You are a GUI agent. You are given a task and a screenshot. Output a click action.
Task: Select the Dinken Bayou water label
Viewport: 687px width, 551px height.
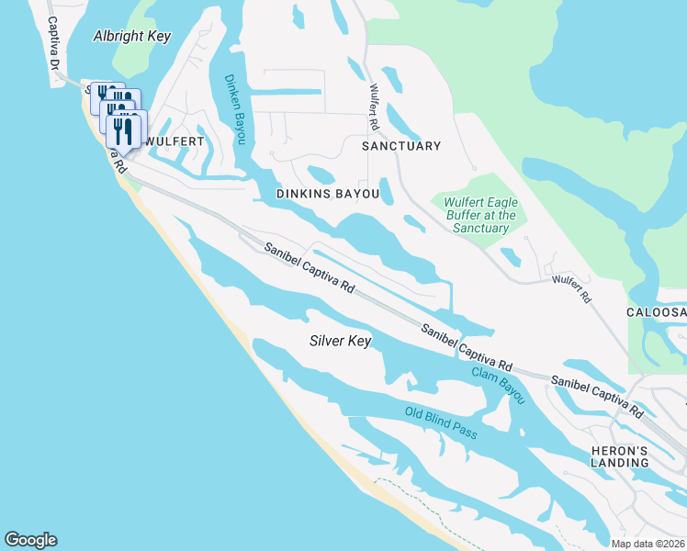[x=235, y=107]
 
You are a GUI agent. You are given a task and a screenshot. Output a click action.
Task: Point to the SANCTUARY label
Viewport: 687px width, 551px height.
[x=401, y=146]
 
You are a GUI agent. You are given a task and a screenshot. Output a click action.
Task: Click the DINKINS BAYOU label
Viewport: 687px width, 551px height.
[x=328, y=194]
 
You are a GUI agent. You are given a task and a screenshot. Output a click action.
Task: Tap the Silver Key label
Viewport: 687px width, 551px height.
[x=339, y=341]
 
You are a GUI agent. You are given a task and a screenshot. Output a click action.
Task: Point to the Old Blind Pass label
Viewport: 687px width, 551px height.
[x=441, y=422]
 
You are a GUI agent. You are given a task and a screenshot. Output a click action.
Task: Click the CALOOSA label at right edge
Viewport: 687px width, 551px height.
[x=656, y=313]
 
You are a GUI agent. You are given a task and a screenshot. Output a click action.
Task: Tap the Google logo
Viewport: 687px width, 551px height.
[x=30, y=540]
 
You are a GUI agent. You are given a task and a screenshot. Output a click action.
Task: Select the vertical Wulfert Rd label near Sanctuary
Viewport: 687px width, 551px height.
[x=374, y=107]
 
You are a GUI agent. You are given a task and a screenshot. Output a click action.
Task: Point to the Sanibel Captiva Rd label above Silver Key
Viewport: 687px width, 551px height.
[x=310, y=267]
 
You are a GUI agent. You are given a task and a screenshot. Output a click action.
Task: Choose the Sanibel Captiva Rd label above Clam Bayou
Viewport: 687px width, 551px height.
[x=467, y=347]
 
